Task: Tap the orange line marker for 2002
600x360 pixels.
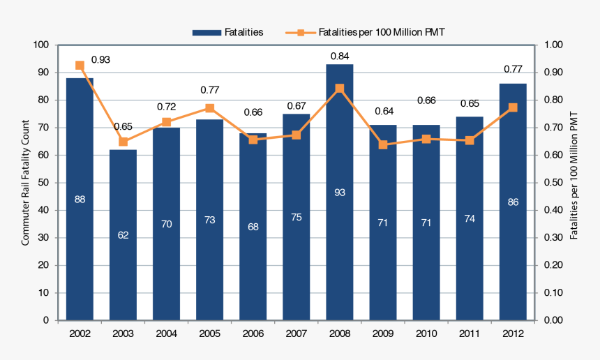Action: tap(80, 66)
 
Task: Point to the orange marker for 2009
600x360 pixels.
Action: tap(383, 144)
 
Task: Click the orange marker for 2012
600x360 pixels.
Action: tap(513, 107)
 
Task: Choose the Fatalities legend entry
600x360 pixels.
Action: tap(228, 32)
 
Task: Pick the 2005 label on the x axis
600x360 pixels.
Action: tap(209, 333)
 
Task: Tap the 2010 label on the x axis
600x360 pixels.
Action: tap(426, 333)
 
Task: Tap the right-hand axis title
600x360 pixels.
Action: tap(574, 174)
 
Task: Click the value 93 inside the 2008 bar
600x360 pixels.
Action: tap(340, 192)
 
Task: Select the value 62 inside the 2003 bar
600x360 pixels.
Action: tap(123, 235)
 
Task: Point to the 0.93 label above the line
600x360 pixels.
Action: tap(100, 60)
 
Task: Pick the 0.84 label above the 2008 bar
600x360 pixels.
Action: tap(340, 56)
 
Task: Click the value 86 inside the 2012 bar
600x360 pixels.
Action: tap(513, 202)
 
